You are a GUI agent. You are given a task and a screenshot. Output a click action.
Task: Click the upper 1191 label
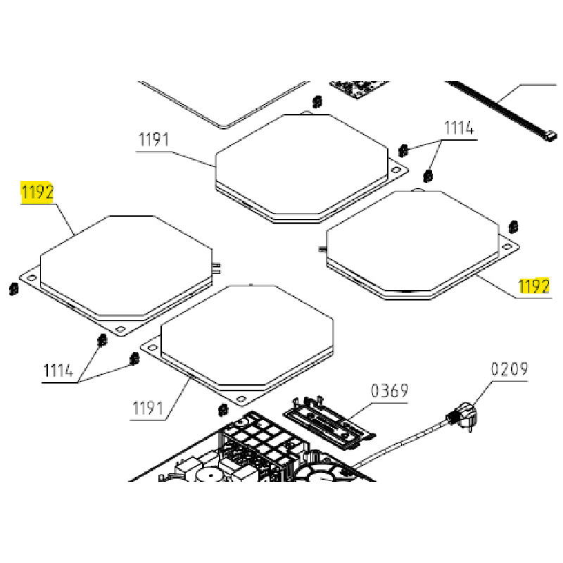[153, 139]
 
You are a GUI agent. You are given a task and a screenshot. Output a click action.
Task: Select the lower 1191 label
[148, 408]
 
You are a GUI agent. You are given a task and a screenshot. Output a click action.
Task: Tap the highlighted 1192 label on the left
[37, 192]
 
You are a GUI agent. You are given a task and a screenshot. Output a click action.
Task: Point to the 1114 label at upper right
[458, 129]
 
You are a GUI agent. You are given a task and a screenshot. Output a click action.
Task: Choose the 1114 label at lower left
[59, 370]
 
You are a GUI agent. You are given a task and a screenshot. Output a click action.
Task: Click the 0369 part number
[389, 391]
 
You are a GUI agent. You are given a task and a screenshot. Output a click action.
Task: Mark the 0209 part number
[509, 369]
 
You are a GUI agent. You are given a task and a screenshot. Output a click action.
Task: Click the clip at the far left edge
[12, 289]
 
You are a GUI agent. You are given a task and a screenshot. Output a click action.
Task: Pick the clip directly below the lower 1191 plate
[223, 410]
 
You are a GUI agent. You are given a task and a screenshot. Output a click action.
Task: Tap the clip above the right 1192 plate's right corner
[512, 227]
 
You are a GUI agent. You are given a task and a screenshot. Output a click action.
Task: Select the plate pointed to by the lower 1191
[246, 338]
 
